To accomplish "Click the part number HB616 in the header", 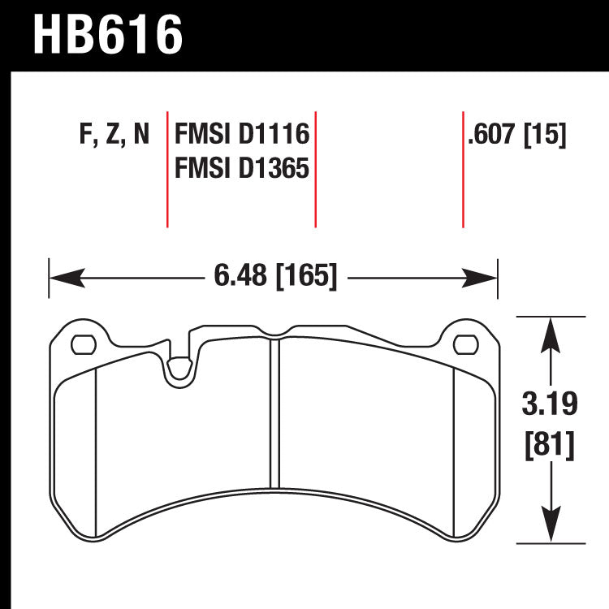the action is click(x=107, y=34).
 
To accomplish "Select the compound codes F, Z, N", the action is click(x=114, y=134).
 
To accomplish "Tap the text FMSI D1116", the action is click(x=242, y=134).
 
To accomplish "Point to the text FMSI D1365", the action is click(x=242, y=168).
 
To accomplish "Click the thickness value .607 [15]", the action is click(x=517, y=134).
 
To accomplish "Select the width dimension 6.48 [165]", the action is click(x=275, y=275).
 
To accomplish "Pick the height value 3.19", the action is click(x=550, y=404).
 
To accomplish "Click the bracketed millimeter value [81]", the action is click(x=550, y=445).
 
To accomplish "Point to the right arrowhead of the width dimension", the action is click(x=479, y=278).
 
